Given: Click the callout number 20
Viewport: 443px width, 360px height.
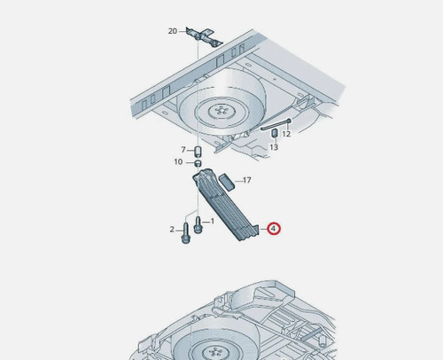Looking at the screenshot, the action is pos(173,31).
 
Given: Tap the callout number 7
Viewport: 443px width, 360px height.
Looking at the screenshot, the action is pos(183,150).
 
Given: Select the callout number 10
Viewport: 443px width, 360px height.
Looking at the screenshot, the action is pos(178,162).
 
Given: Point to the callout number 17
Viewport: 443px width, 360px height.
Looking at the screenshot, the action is pos(247,180).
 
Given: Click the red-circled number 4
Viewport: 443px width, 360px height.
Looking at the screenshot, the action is pos(274,229).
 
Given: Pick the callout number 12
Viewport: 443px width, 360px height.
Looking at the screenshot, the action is pos(286,134).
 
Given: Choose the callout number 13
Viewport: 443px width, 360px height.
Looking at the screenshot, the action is pos(274,147).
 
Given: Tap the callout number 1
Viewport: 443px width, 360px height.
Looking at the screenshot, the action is pos(213,221).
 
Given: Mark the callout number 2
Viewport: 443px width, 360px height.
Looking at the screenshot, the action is pos(172,230).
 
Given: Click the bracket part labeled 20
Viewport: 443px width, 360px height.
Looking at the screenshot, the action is pos(204,37).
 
